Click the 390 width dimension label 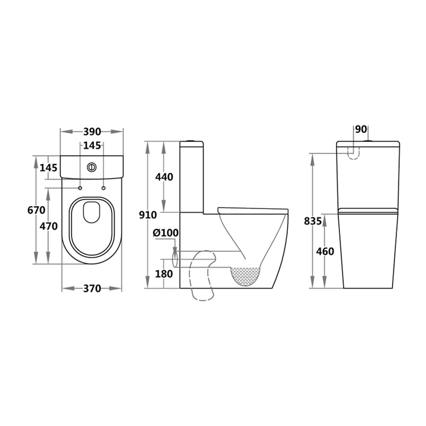coord(92,131)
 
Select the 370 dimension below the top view coord(92,288)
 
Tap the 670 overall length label coord(36,210)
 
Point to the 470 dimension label coord(49,226)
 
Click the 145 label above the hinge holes coord(92,146)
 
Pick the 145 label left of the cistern coord(49,168)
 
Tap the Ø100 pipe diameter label coord(166,233)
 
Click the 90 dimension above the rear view coord(361,129)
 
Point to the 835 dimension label coord(313,221)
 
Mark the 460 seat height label coord(325,251)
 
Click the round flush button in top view coord(92,167)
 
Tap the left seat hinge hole coord(80,188)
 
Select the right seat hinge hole coord(103,188)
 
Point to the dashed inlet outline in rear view coord(354,152)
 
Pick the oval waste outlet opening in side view coord(176,259)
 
